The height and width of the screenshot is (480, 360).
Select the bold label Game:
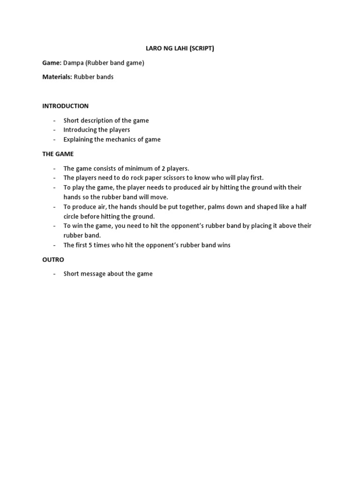pos(52,63)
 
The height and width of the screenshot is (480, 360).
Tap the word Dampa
pos(74,63)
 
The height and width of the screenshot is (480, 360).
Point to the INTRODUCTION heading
pos(65,106)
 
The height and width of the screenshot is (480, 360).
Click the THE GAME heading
pos(58,154)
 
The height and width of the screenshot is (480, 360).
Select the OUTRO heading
pos(53,259)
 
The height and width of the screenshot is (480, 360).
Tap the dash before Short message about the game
pos(54,274)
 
